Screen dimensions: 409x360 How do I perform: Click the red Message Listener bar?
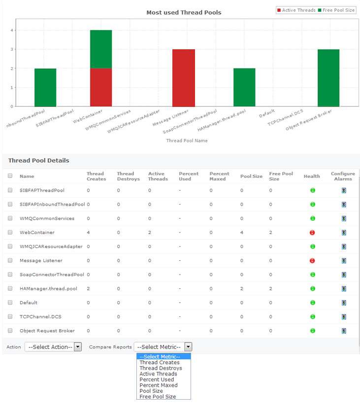point(183,78)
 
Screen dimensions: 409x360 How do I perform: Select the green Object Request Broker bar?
point(328,78)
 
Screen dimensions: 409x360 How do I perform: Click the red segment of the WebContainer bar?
point(101,87)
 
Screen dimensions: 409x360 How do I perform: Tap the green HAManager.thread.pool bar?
point(244,87)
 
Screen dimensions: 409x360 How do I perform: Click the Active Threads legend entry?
point(296,10)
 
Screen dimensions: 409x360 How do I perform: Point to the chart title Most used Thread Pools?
point(184,12)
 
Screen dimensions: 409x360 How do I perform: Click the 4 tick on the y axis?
point(12,31)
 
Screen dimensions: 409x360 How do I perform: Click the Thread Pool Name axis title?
point(187,141)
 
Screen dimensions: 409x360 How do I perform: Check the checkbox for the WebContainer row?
point(10,232)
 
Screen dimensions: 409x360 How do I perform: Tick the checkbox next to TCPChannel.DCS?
point(10,316)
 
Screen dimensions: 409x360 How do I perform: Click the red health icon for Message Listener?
point(312,261)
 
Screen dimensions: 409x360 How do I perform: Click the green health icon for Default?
point(312,303)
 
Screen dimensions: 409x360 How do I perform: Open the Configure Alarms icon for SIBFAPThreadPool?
point(343,190)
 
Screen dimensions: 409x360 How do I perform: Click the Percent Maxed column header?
point(219,176)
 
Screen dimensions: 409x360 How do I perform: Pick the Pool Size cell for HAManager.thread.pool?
point(242,289)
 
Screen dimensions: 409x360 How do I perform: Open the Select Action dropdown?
point(53,347)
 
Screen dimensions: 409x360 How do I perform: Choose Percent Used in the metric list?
point(157,379)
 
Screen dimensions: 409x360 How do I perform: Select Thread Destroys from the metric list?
point(161,368)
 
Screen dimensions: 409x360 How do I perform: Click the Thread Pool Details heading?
point(38,161)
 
